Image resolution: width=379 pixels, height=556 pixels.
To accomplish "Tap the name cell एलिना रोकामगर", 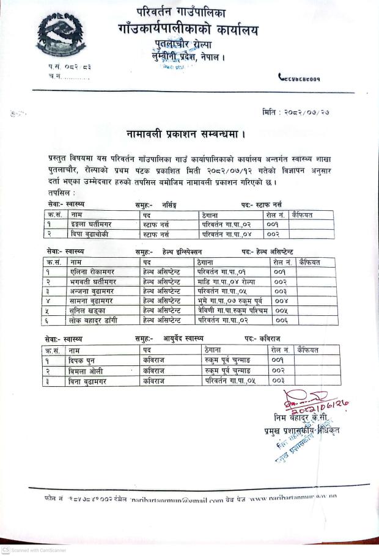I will coord(92,271).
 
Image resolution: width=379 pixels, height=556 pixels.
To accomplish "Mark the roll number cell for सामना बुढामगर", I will coord(280,300).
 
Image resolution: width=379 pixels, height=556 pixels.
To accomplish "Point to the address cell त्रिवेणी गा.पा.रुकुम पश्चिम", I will coord(232,310).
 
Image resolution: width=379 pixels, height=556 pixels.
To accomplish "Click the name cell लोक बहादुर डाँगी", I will coord(92,320).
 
